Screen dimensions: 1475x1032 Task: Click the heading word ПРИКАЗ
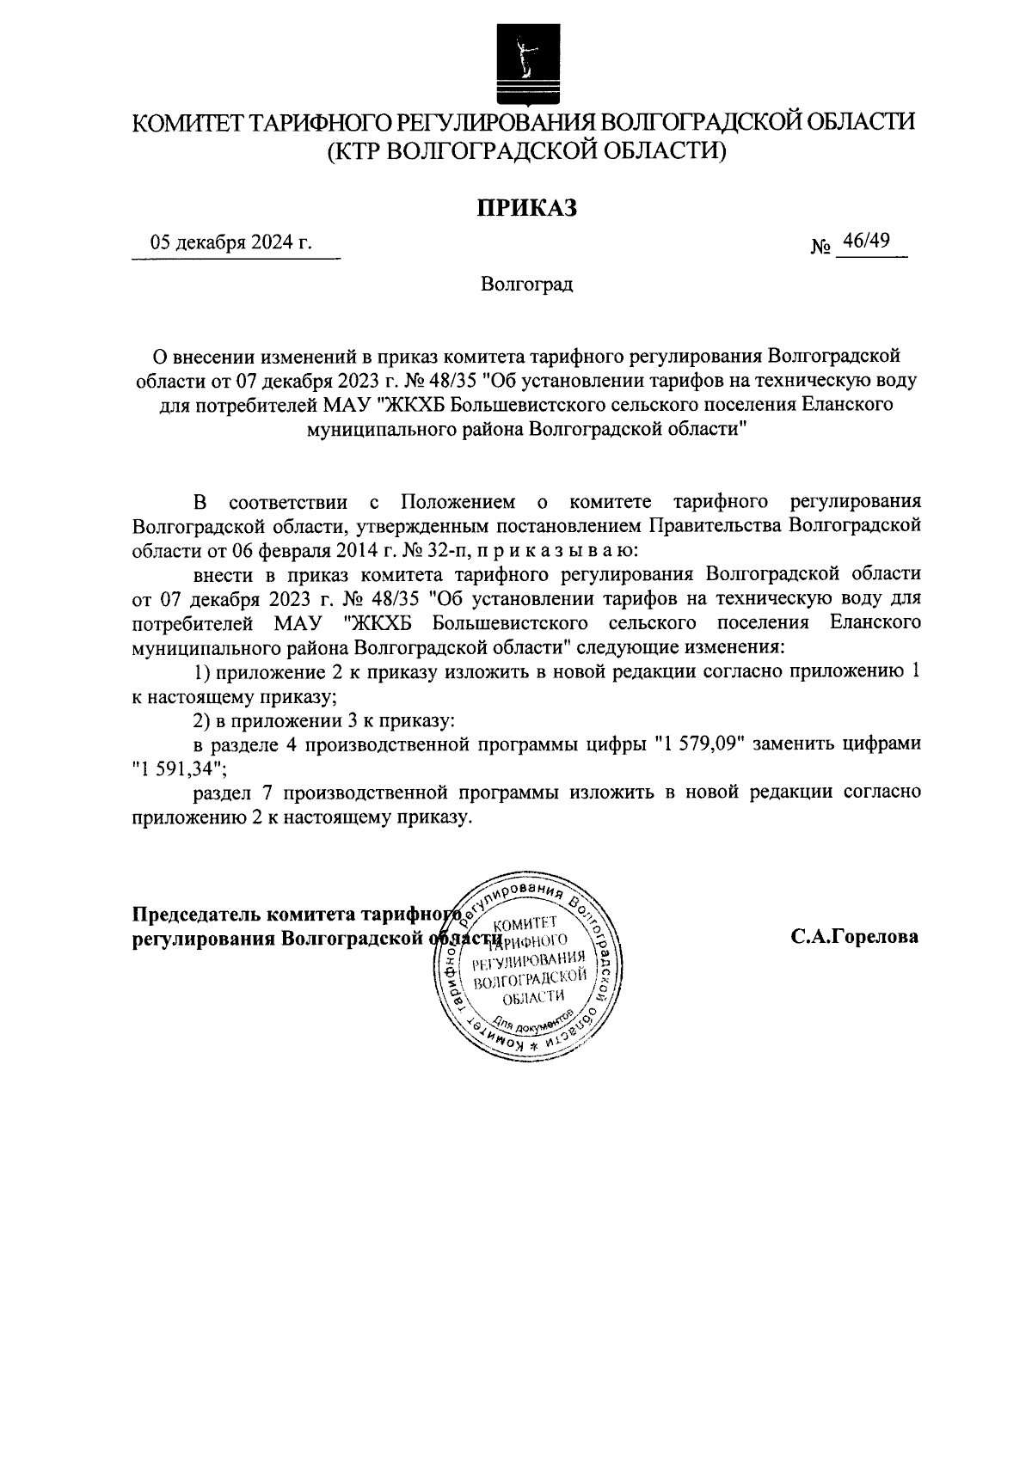pyautogui.click(x=525, y=208)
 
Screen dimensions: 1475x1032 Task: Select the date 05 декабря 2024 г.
pyautogui.click(x=230, y=243)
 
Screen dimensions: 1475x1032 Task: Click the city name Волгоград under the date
pyautogui.click(x=526, y=285)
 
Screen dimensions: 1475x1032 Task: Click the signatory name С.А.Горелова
pyautogui.click(x=854, y=937)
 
